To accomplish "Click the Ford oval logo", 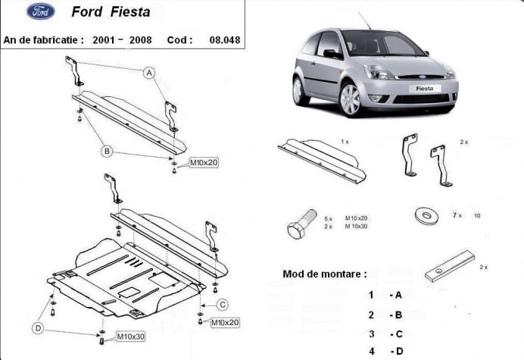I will [40, 12].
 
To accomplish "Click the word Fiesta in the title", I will [133, 12].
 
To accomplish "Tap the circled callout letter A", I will [150, 73].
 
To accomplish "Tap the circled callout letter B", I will [108, 152].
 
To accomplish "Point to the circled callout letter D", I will [37, 328].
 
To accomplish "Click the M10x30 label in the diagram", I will [131, 336].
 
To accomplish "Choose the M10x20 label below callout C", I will [225, 322].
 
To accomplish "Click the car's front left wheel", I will [350, 100].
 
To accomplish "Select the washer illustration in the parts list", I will [426, 215].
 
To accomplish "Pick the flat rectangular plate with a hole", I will [449, 266].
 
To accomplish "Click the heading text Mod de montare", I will [324, 273].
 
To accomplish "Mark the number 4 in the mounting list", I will [372, 350].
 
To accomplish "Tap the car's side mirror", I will [332, 54].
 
